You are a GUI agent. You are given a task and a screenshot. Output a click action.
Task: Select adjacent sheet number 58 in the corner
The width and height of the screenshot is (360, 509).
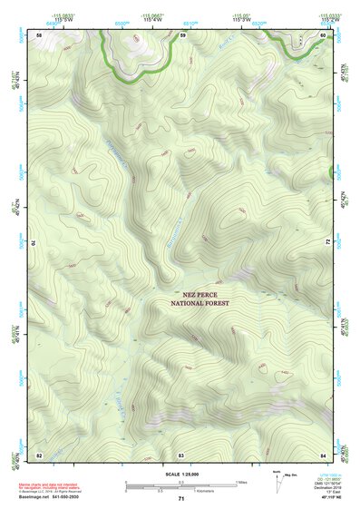pos(38,34)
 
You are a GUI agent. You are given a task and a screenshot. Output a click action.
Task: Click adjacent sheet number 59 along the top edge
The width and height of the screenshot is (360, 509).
pos(181,34)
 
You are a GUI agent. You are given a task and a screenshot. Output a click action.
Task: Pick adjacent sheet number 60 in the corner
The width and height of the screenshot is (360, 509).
pos(323,34)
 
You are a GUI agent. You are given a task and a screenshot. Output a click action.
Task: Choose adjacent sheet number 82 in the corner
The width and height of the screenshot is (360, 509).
pos(39,454)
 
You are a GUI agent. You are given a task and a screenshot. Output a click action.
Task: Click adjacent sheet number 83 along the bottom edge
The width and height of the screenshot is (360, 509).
pos(181,454)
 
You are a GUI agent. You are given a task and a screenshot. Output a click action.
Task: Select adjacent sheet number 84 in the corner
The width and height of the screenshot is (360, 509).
pos(323,454)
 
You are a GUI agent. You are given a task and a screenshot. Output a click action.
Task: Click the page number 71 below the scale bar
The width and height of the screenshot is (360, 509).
pos(181,498)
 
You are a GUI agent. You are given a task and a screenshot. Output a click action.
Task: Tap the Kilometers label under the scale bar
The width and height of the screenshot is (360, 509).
pos(180,491)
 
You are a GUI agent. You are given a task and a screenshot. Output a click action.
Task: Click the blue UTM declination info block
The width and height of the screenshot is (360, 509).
pos(330,485)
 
